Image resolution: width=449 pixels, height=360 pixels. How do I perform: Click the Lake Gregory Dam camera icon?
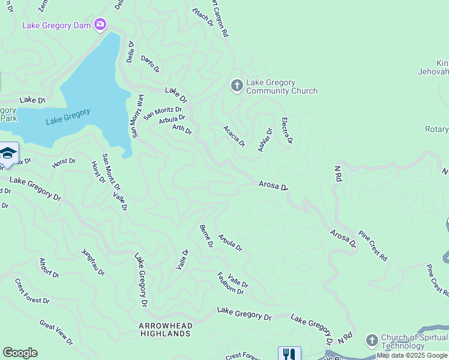coord(100,25)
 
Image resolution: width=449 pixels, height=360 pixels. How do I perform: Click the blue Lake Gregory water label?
coord(68,115)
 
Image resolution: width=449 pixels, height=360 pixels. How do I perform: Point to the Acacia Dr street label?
coord(234,136)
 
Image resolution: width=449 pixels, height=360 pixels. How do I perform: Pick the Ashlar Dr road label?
coord(265,139)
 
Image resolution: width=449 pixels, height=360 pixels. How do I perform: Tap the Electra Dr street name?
coord(286,130)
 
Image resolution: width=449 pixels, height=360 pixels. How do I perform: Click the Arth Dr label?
coord(182,128)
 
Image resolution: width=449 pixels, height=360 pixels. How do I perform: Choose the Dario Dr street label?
coord(150,64)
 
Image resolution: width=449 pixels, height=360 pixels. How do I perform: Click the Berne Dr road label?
coord(206,236)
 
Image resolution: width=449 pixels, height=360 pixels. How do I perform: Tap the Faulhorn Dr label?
coord(230,283)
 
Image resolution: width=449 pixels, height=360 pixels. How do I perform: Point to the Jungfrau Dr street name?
coord(93,262)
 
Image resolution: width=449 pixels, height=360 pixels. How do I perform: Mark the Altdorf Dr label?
coord(49,268)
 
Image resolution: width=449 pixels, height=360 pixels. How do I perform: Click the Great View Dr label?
coord(56,333)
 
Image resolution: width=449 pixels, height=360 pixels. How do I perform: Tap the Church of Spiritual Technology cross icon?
coord(372,340)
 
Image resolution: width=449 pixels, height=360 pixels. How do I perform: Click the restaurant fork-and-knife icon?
coord(289,353)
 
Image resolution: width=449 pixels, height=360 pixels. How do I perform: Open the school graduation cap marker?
coord(8,154)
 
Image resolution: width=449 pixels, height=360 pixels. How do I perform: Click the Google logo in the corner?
coord(20,353)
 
